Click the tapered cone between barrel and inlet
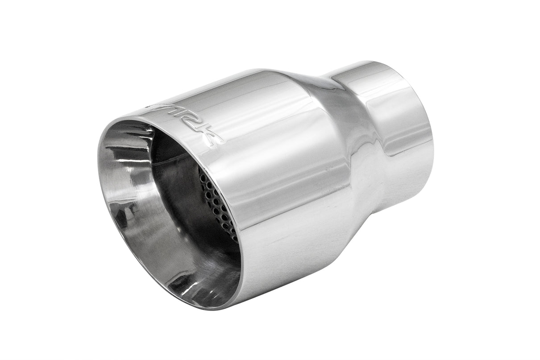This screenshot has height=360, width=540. pyautogui.click(x=339, y=134)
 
